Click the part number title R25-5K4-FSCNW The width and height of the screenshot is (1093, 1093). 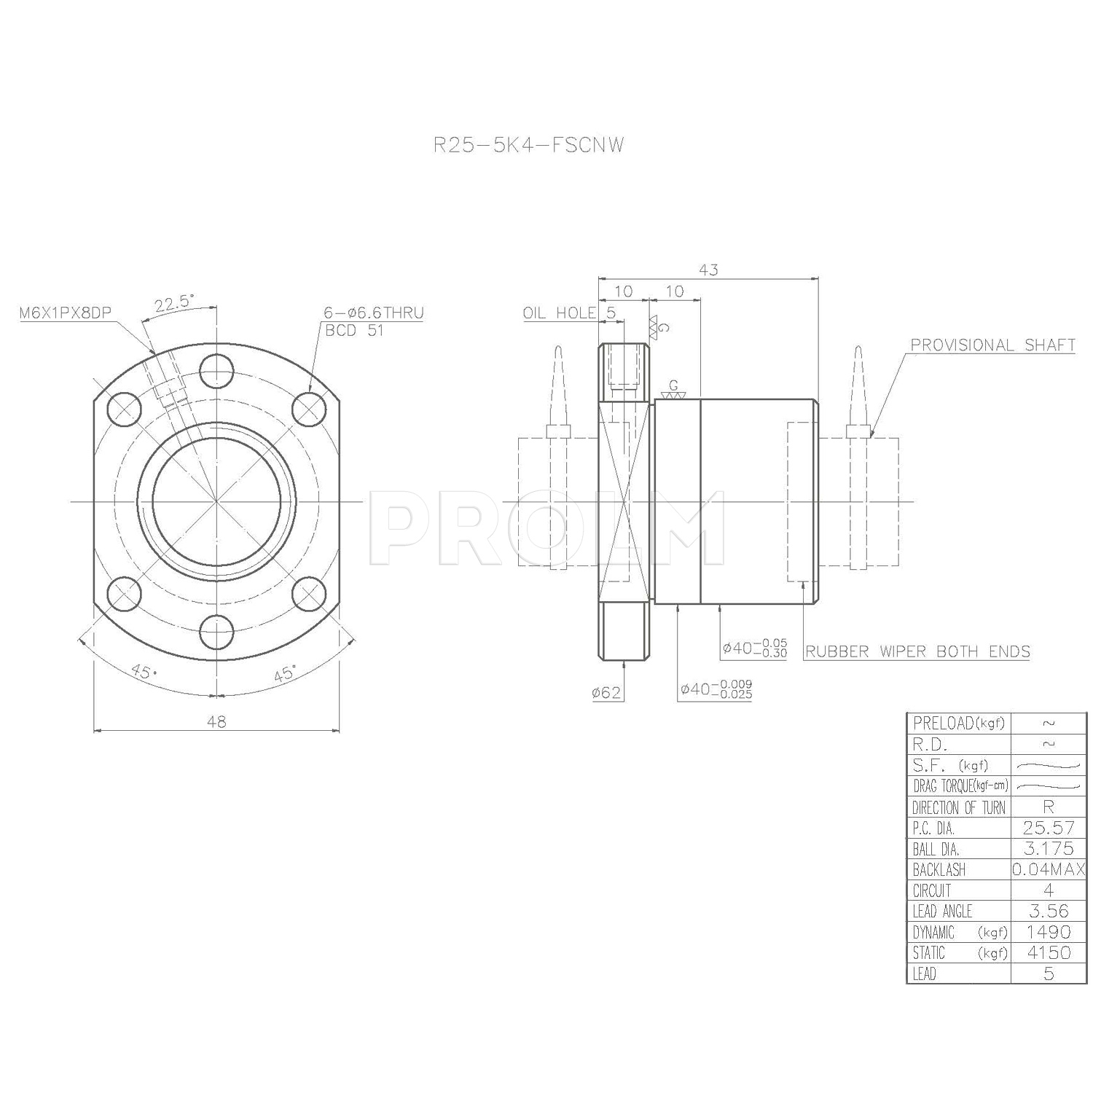(528, 145)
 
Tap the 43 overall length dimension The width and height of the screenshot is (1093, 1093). (708, 270)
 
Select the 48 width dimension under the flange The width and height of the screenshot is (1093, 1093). (216, 721)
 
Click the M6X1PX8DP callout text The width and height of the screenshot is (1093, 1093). (65, 313)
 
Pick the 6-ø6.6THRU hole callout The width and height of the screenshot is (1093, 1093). (374, 313)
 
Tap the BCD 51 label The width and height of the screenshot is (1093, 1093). (354, 330)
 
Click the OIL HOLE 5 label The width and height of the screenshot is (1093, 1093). (569, 313)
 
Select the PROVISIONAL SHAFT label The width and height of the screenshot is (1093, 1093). (993, 345)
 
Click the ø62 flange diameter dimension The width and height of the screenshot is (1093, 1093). (606, 692)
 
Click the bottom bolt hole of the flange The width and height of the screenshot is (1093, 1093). (216, 631)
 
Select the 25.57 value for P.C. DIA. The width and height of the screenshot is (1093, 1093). (1049, 828)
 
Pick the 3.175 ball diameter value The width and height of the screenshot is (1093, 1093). (1049, 849)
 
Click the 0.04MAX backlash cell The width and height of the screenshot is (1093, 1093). (1049, 869)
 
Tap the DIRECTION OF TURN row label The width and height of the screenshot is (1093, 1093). (958, 807)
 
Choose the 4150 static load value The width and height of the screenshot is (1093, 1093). (1049, 952)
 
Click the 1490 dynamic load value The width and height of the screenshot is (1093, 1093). (1049, 932)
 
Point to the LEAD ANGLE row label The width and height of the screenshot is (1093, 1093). (942, 911)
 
